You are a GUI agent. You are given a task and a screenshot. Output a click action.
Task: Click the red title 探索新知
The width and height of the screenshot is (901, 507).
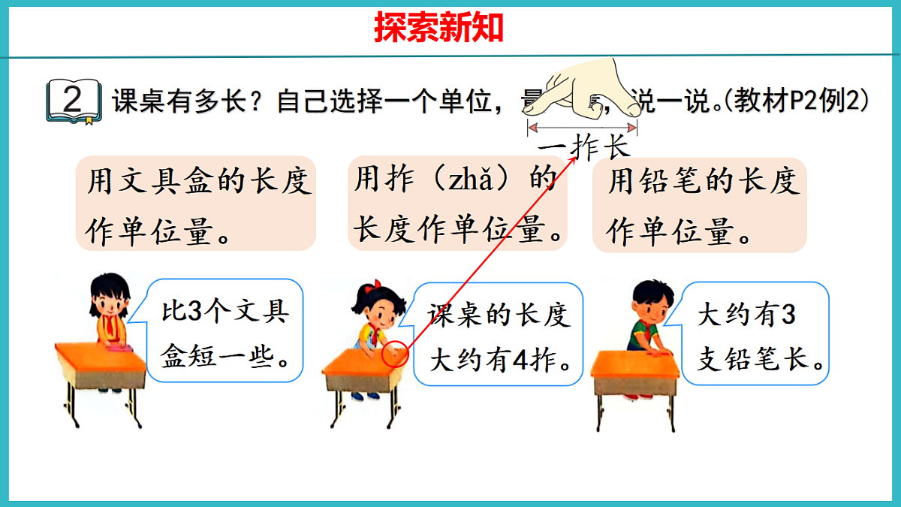(x=439, y=28)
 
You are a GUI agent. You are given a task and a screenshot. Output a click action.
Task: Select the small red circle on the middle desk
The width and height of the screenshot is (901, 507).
(x=396, y=353)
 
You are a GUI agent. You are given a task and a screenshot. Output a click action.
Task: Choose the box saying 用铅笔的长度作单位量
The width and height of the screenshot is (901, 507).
(x=699, y=203)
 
